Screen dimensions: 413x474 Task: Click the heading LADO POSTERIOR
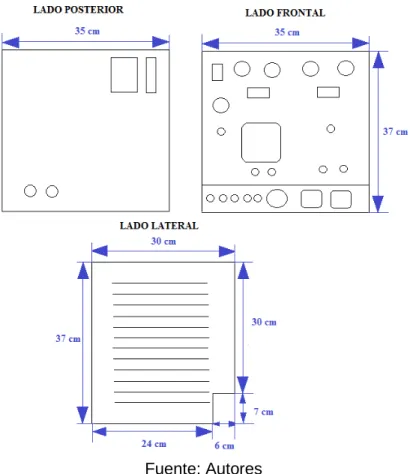coord(78,10)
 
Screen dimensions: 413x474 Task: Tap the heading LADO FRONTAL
coord(285,13)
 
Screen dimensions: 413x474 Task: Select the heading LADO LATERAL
coord(159,226)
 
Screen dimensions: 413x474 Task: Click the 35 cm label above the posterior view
coord(87,31)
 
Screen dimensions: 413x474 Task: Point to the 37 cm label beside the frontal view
coord(395,132)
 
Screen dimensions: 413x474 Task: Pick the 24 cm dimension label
coord(154,444)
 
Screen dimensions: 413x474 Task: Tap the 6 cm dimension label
coord(224,446)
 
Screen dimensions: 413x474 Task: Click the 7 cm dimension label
coord(263,412)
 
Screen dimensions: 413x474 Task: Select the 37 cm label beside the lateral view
coord(68,339)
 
